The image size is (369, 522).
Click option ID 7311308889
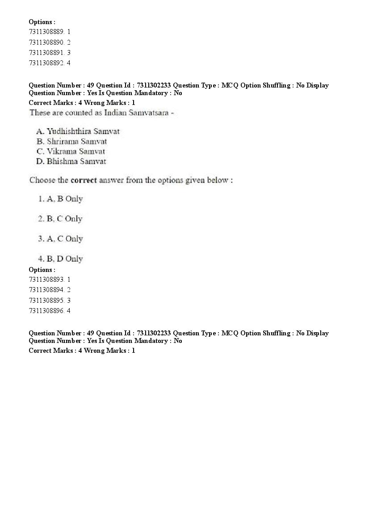46,32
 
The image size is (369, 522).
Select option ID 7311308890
46,42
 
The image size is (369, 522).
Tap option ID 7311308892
46,63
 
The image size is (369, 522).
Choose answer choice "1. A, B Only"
60,199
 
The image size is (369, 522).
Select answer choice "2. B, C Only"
60,219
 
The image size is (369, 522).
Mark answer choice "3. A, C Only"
60,239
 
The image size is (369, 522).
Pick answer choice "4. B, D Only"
60,259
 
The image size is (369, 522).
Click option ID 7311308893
46,280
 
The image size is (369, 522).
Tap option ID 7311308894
46,290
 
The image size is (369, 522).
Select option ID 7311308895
46,300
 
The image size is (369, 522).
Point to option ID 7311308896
46,310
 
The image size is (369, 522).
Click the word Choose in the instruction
42,180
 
